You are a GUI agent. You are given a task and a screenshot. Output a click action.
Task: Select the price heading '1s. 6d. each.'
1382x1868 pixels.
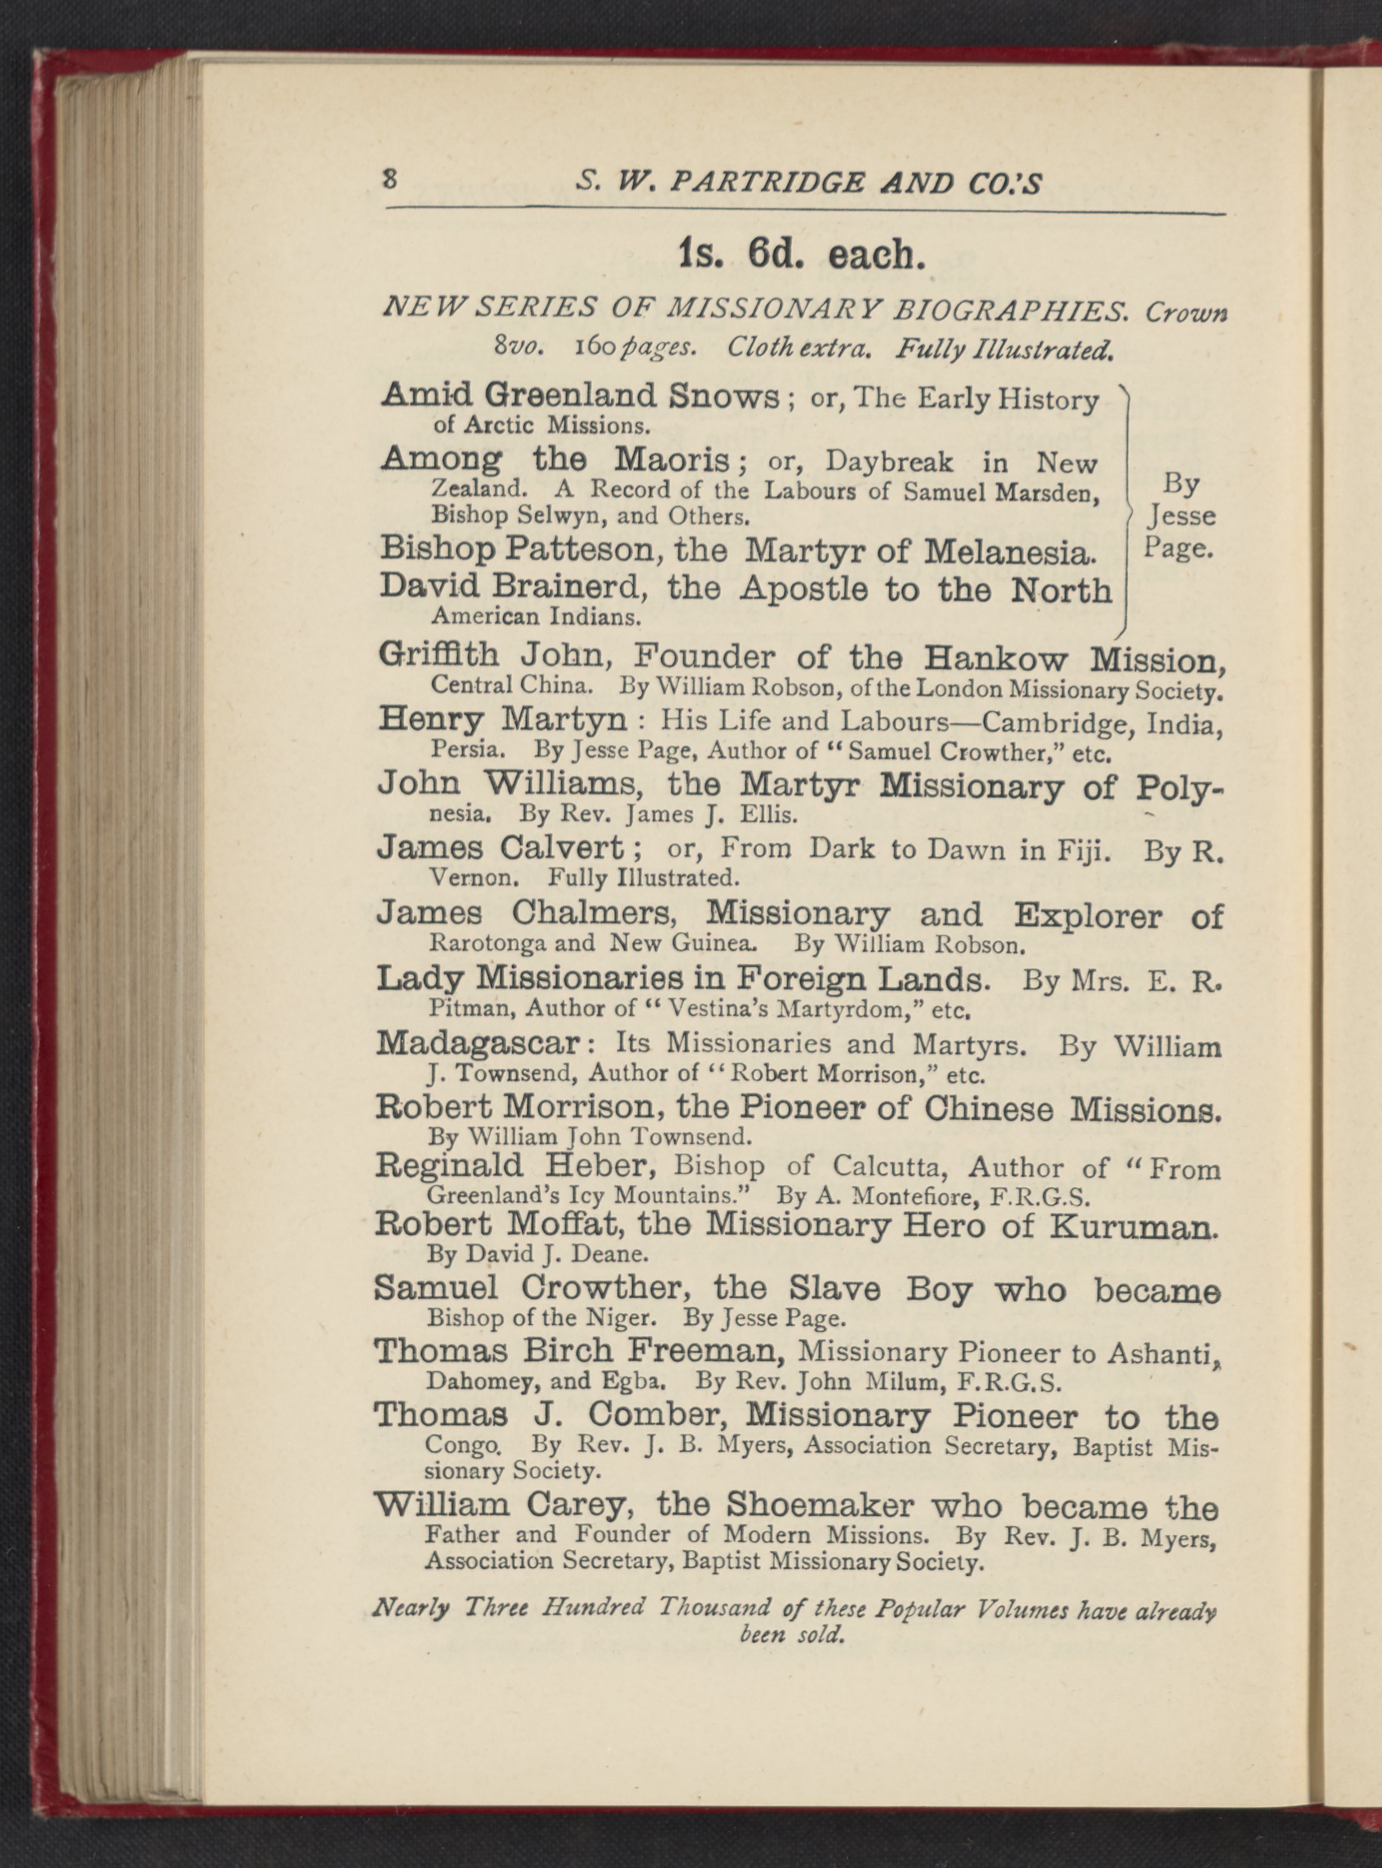click(x=802, y=255)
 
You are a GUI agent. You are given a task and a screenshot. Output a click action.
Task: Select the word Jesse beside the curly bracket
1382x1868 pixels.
click(x=1181, y=516)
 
